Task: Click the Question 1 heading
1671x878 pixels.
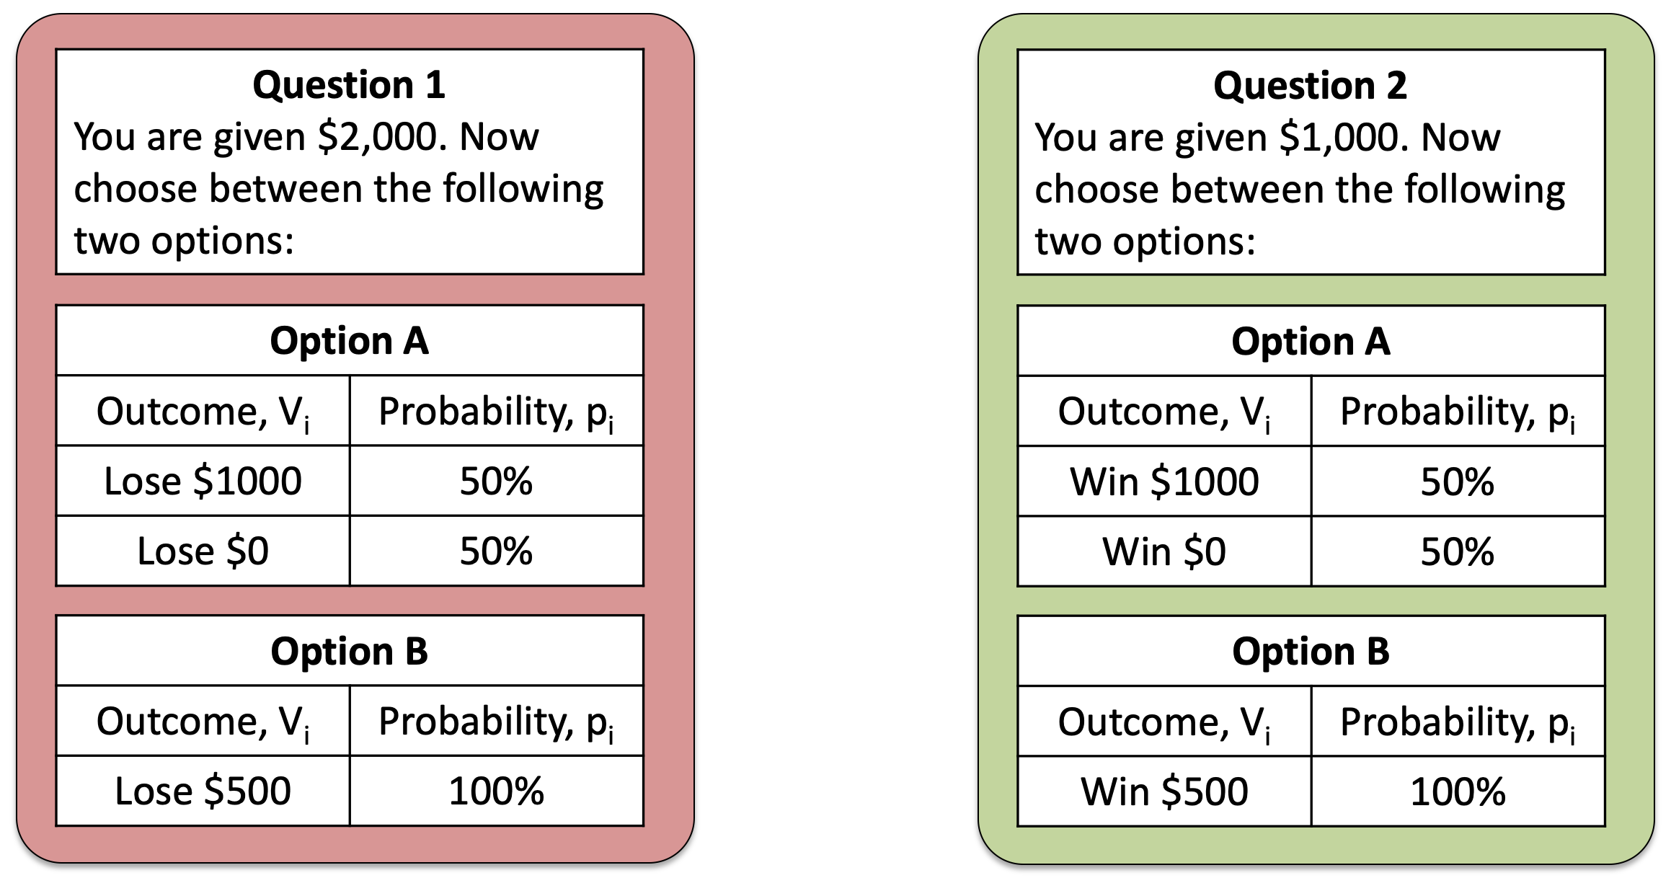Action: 349,84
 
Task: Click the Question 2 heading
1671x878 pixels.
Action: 1310,85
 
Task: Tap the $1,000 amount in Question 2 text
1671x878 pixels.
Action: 1340,137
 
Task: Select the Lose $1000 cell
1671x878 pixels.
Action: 203,481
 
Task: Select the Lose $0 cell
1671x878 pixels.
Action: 203,551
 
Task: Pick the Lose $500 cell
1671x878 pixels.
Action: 203,791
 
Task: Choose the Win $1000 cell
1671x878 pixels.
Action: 1164,482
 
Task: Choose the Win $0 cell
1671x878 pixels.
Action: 1164,551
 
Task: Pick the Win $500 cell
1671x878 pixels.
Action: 1164,791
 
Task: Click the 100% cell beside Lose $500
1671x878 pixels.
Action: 496,791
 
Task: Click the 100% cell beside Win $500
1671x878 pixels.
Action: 1458,791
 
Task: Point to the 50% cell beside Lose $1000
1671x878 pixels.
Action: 496,481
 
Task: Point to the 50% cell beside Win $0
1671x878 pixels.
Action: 1458,551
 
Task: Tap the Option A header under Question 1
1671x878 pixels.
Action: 350,340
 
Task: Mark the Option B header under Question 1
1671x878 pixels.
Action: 350,651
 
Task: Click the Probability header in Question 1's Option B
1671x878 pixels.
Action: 496,721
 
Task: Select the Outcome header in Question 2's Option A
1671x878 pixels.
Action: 1164,412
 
